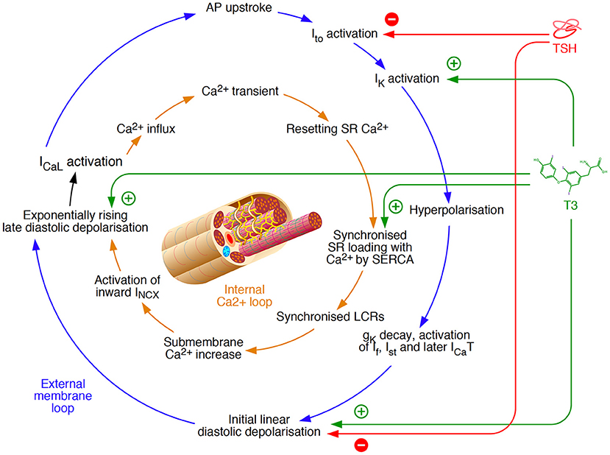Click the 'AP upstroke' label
coord(239,8)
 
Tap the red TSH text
coord(564,49)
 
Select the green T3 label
coord(571,205)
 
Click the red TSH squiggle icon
coord(567,29)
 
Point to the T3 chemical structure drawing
coord(570,175)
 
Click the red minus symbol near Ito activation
coord(391,18)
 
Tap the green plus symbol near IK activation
coord(453,63)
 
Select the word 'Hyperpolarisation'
coord(456,210)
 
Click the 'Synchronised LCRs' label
coord(330,317)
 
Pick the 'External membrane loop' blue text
coord(63,396)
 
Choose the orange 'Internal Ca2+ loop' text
coord(244,295)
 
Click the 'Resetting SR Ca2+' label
coord(337,128)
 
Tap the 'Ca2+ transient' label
coord(240,91)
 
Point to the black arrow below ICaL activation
coord(73,189)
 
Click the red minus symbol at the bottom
coord(361,445)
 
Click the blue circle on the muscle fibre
coord(226,251)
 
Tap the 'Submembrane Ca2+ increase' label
coord(204,348)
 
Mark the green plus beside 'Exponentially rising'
coord(128,198)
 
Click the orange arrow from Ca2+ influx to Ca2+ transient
coord(174,107)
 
